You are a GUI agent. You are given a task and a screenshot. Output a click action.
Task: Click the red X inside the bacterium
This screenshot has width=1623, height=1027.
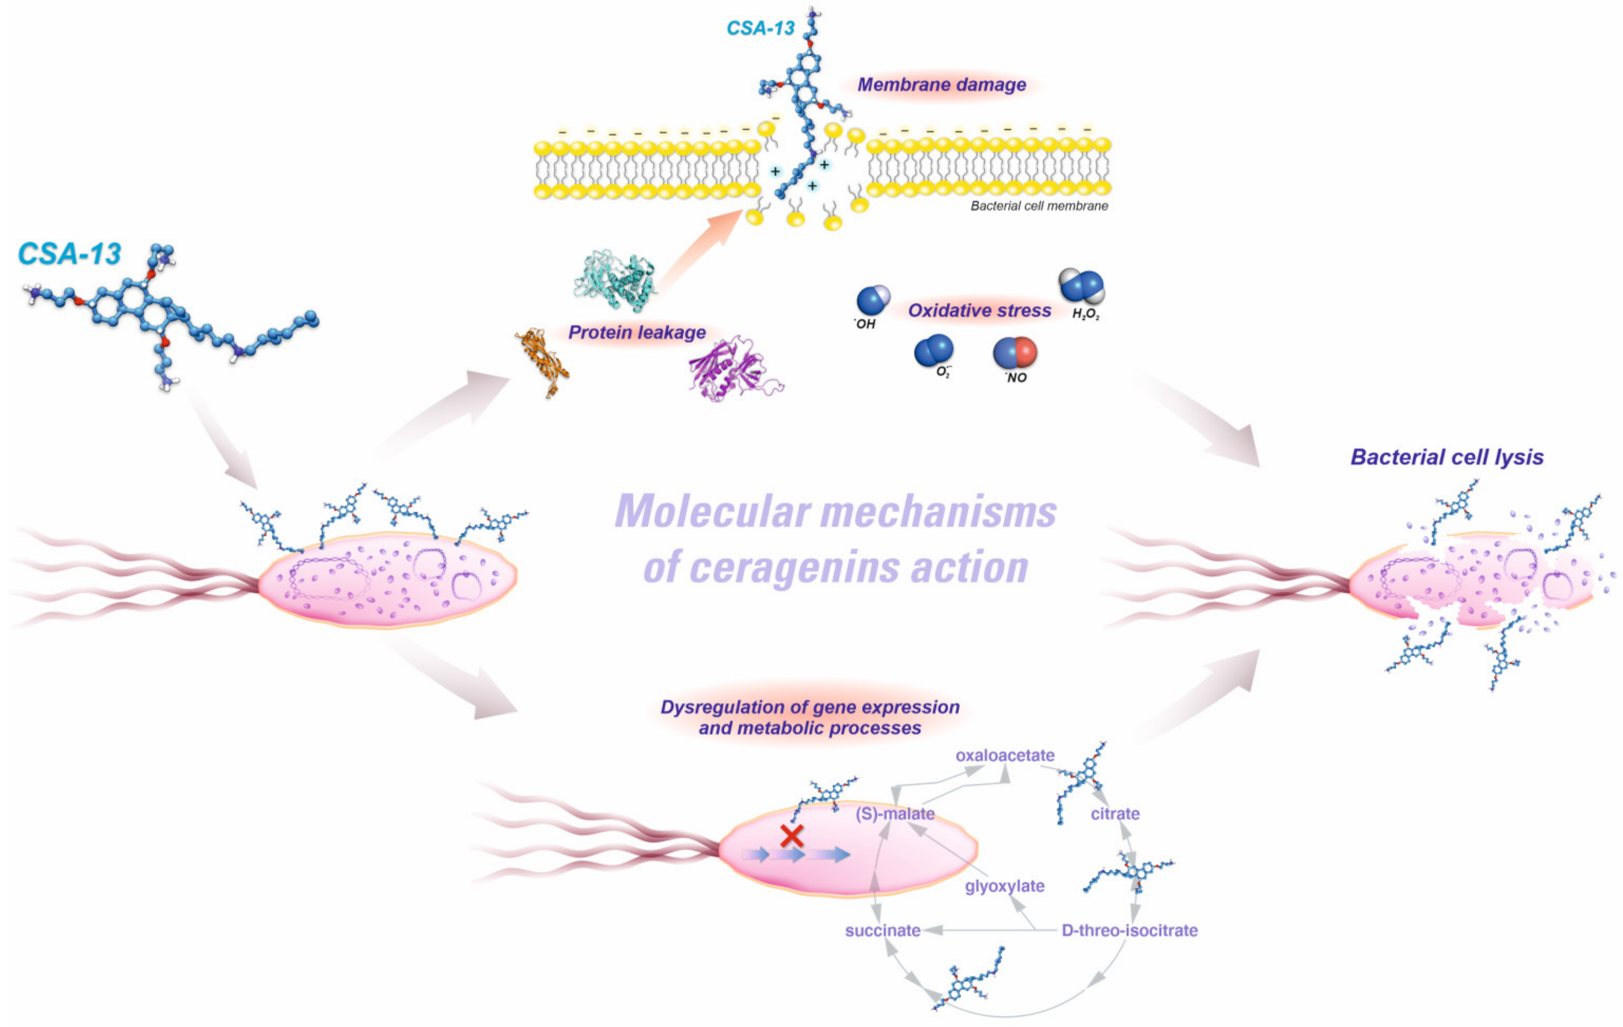[791, 836]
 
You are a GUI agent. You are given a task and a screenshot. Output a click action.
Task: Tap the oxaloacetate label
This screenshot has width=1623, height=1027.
[1004, 755]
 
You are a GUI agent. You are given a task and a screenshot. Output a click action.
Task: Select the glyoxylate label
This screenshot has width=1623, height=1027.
[1004, 885]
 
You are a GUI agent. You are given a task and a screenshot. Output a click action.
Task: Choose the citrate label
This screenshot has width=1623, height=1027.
[1115, 813]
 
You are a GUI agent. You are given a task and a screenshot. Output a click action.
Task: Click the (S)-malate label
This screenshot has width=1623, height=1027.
[895, 813]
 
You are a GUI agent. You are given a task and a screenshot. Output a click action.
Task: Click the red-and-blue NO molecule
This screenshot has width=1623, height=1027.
[1014, 353]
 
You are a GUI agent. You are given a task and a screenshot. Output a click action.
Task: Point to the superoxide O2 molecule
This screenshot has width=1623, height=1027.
[934, 350]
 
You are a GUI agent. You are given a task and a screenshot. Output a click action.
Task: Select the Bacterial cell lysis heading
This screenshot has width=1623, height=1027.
[1447, 457]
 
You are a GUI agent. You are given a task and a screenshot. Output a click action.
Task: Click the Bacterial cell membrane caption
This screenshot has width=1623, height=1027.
[1039, 206]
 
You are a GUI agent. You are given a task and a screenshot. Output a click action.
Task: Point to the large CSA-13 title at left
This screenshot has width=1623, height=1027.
[69, 254]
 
